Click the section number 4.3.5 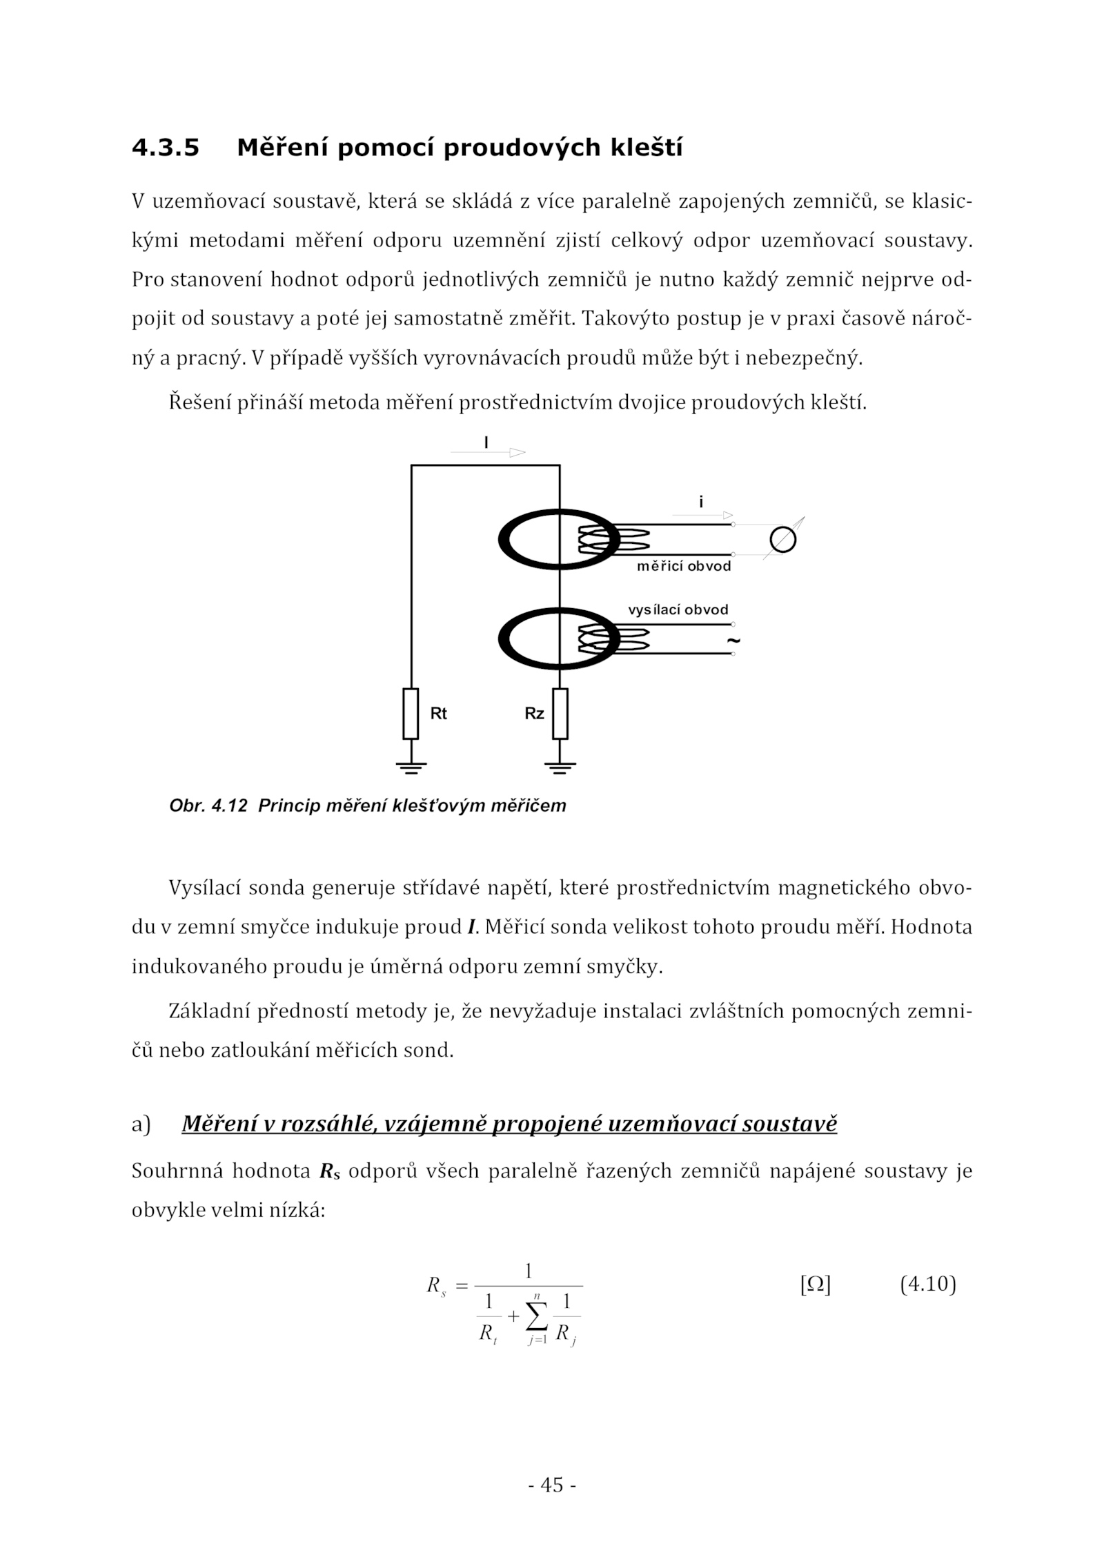click(166, 148)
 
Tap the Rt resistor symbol click(411, 713)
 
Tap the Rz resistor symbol click(560, 713)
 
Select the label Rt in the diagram click(438, 714)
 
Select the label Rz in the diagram click(534, 714)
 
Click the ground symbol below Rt click(411, 766)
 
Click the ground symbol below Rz click(560, 766)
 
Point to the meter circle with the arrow click(783, 540)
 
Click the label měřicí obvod click(683, 567)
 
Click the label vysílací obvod click(678, 610)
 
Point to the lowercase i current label click(701, 502)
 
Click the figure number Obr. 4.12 click(208, 806)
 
